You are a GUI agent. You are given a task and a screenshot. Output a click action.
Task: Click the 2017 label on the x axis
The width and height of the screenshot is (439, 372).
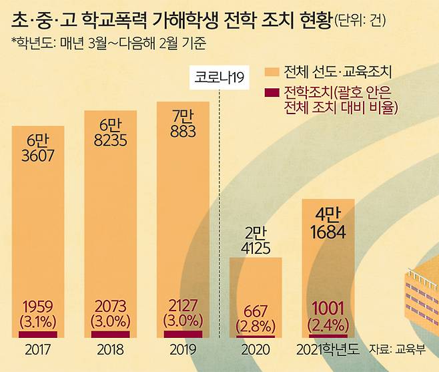37,349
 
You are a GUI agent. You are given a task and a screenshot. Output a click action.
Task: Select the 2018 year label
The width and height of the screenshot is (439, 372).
110,349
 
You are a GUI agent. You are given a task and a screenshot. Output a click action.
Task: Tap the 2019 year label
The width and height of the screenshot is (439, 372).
182,349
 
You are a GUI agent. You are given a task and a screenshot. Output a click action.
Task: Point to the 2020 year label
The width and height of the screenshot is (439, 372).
256,349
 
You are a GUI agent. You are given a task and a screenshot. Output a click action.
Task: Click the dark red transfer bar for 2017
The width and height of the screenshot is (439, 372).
38,334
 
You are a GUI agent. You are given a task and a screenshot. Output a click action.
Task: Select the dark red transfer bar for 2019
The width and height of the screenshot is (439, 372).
182,333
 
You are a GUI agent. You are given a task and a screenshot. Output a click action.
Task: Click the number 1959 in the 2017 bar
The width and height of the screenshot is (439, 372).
38,306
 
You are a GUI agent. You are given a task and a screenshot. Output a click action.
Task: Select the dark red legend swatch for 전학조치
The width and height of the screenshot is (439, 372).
271,91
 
